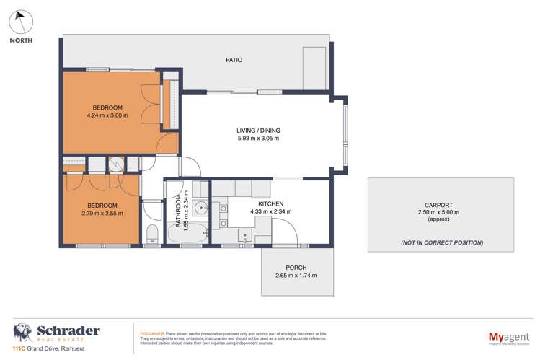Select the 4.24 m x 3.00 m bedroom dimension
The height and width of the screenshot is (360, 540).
click(x=107, y=115)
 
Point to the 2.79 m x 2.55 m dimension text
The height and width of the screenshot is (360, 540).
click(x=99, y=214)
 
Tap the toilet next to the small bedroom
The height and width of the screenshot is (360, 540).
click(x=152, y=234)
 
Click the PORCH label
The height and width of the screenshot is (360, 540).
click(x=296, y=267)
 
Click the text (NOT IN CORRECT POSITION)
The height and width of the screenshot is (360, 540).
click(x=442, y=242)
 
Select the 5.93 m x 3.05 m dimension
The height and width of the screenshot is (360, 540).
click(x=257, y=139)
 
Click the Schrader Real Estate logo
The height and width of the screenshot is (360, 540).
click(x=56, y=333)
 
